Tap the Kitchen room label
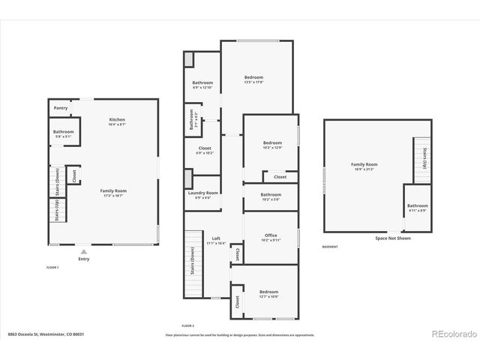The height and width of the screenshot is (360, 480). click(117, 120)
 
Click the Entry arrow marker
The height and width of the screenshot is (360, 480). click(83, 253)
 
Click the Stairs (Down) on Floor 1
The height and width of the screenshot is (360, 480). click(58, 181)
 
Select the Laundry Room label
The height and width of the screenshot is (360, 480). click(202, 193)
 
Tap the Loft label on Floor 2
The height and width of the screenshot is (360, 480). click(216, 238)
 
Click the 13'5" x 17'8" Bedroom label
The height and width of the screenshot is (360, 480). click(253, 78)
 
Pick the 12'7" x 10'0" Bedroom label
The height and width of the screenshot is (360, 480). click(268, 292)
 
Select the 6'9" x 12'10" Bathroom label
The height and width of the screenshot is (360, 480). click(202, 83)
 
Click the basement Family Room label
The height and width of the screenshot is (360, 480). click(364, 164)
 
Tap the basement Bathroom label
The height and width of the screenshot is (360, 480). click(418, 206)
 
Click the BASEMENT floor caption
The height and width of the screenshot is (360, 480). click(330, 247)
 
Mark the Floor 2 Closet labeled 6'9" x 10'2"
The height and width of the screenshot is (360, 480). click(204, 149)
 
